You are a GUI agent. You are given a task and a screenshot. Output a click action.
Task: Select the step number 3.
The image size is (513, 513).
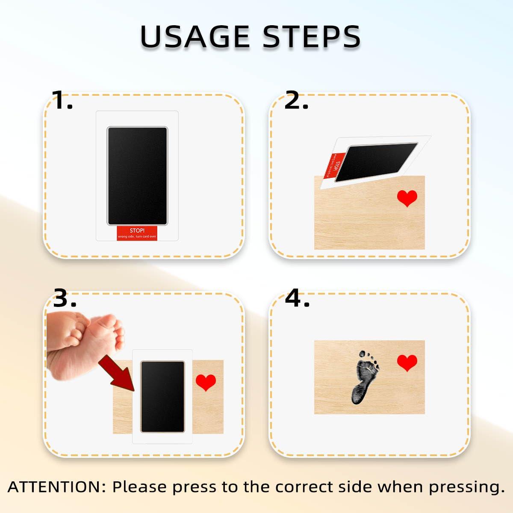point(65,298)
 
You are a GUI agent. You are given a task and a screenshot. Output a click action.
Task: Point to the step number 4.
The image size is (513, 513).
point(297,298)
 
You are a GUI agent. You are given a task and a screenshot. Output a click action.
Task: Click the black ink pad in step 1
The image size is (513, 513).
point(137,175)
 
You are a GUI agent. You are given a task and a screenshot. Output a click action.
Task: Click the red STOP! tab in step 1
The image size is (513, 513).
point(137,233)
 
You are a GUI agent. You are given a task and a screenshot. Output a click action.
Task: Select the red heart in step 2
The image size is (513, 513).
point(407,198)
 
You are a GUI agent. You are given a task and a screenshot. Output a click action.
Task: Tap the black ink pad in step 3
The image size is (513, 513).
point(162,396)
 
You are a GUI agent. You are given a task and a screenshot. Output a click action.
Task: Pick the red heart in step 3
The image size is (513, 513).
point(206,382)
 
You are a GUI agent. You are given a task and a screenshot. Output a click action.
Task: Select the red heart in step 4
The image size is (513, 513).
point(407,363)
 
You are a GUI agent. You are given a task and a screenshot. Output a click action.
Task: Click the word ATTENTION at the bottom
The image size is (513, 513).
point(53,487)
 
